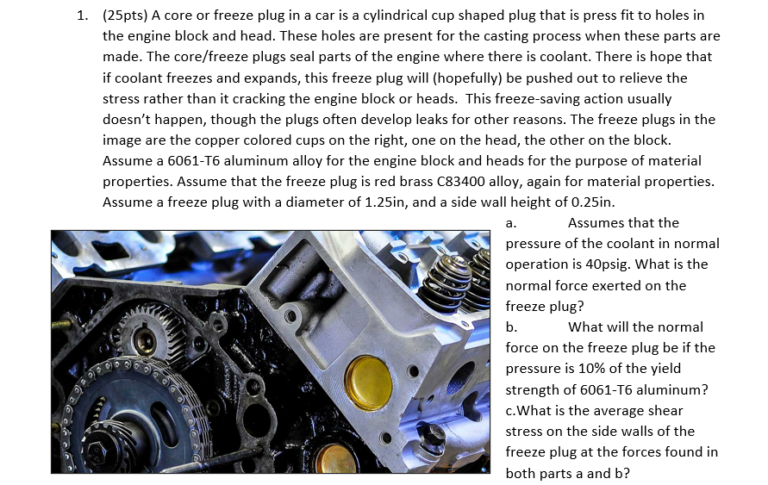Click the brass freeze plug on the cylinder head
click(x=368, y=382)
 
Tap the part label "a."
click(x=510, y=223)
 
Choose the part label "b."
click(x=511, y=327)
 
